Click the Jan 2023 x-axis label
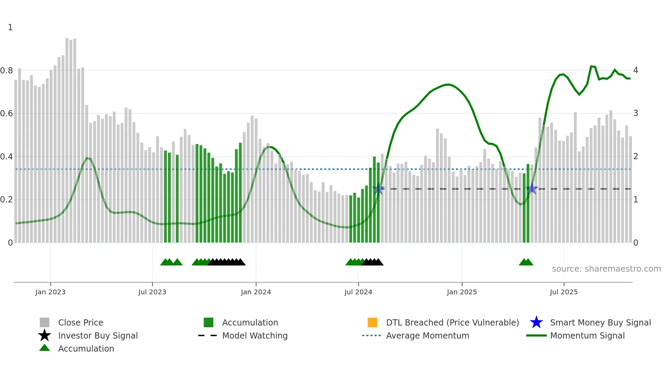click(x=50, y=292)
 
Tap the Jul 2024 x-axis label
click(x=358, y=292)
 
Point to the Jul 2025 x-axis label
click(x=564, y=292)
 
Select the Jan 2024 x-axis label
click(x=256, y=292)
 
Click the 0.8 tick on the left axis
click(x=7, y=71)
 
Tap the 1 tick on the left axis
click(x=10, y=27)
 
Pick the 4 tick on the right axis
click(x=636, y=70)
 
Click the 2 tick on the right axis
click(x=636, y=156)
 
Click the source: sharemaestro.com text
click(x=606, y=269)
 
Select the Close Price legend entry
click(x=80, y=322)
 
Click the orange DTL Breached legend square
click(x=372, y=322)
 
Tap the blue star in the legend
click(x=536, y=322)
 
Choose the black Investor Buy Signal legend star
click(x=45, y=335)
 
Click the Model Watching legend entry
click(x=254, y=335)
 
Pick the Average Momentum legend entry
click(x=427, y=335)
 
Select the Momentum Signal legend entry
click(x=587, y=335)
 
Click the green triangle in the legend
click(x=45, y=348)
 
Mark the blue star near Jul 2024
click(x=378, y=188)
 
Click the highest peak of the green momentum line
click(x=591, y=66)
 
